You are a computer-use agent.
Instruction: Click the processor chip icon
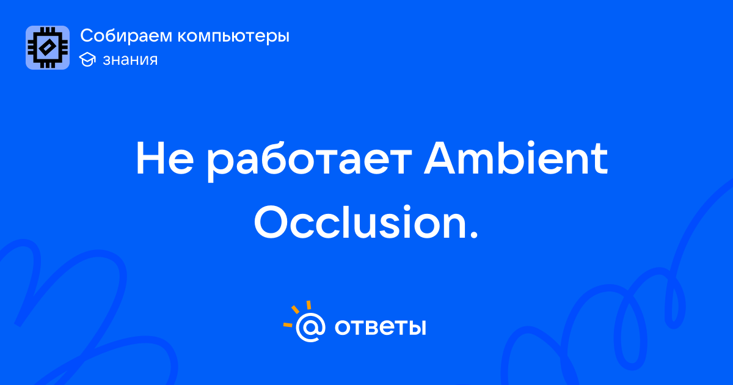[x=48, y=48]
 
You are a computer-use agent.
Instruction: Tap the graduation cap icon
[x=87, y=59]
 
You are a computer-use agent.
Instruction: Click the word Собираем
[x=126, y=35]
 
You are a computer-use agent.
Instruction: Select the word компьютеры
[x=233, y=37]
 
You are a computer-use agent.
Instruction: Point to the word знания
[x=130, y=60]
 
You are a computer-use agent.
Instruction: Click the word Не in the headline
[x=165, y=159]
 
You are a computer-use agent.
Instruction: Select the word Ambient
[x=516, y=158]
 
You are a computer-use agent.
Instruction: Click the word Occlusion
[x=360, y=222]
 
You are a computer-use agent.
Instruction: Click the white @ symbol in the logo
[x=310, y=327]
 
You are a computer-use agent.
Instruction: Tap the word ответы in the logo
[x=380, y=327]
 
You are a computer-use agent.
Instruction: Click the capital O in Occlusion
[x=272, y=222]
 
